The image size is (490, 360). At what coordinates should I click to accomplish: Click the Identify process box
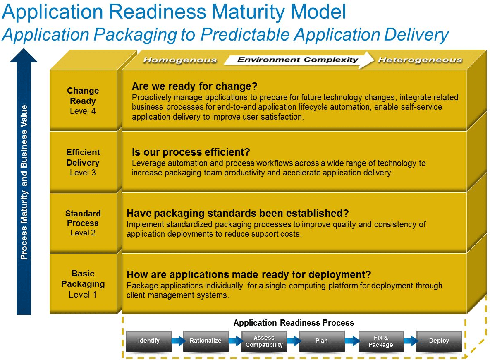point(149,341)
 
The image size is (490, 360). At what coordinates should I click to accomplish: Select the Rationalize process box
point(206,341)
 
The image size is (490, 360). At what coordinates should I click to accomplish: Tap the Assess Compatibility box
point(264,341)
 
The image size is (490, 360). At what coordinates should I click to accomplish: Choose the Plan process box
point(321,341)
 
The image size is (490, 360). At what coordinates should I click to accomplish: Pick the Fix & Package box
point(380,341)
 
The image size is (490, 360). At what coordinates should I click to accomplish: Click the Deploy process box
point(439,341)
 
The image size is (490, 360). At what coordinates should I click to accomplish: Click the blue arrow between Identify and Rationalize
point(177,341)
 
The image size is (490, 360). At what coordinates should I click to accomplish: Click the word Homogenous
point(180,60)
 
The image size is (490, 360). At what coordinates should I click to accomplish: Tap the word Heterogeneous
point(420,60)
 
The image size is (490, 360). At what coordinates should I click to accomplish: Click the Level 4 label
point(83,111)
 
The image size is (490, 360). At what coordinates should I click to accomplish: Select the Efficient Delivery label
point(83,157)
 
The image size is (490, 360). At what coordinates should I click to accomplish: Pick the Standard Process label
point(83,218)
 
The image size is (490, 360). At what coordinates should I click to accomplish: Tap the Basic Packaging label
point(83,278)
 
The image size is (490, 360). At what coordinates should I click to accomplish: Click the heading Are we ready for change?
point(194,86)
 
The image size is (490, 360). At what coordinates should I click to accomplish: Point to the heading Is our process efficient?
point(191,152)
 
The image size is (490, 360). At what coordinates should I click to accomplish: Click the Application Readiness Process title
point(294,323)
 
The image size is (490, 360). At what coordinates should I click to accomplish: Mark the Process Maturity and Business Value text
point(24,182)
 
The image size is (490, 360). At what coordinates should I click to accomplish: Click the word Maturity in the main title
point(279,12)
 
